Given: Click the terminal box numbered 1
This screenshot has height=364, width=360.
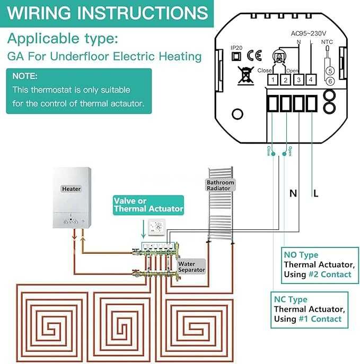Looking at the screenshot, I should click(x=272, y=80).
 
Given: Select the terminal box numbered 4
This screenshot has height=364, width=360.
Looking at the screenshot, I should click(x=311, y=80).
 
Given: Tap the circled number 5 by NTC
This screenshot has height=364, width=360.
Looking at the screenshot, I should click(x=330, y=70).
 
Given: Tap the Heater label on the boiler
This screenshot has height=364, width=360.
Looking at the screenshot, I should click(x=71, y=189).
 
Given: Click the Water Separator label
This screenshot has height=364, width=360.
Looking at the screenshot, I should click(x=191, y=267).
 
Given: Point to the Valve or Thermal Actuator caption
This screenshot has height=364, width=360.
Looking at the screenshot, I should click(x=148, y=205).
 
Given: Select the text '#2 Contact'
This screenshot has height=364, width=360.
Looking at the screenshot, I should click(x=330, y=274).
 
